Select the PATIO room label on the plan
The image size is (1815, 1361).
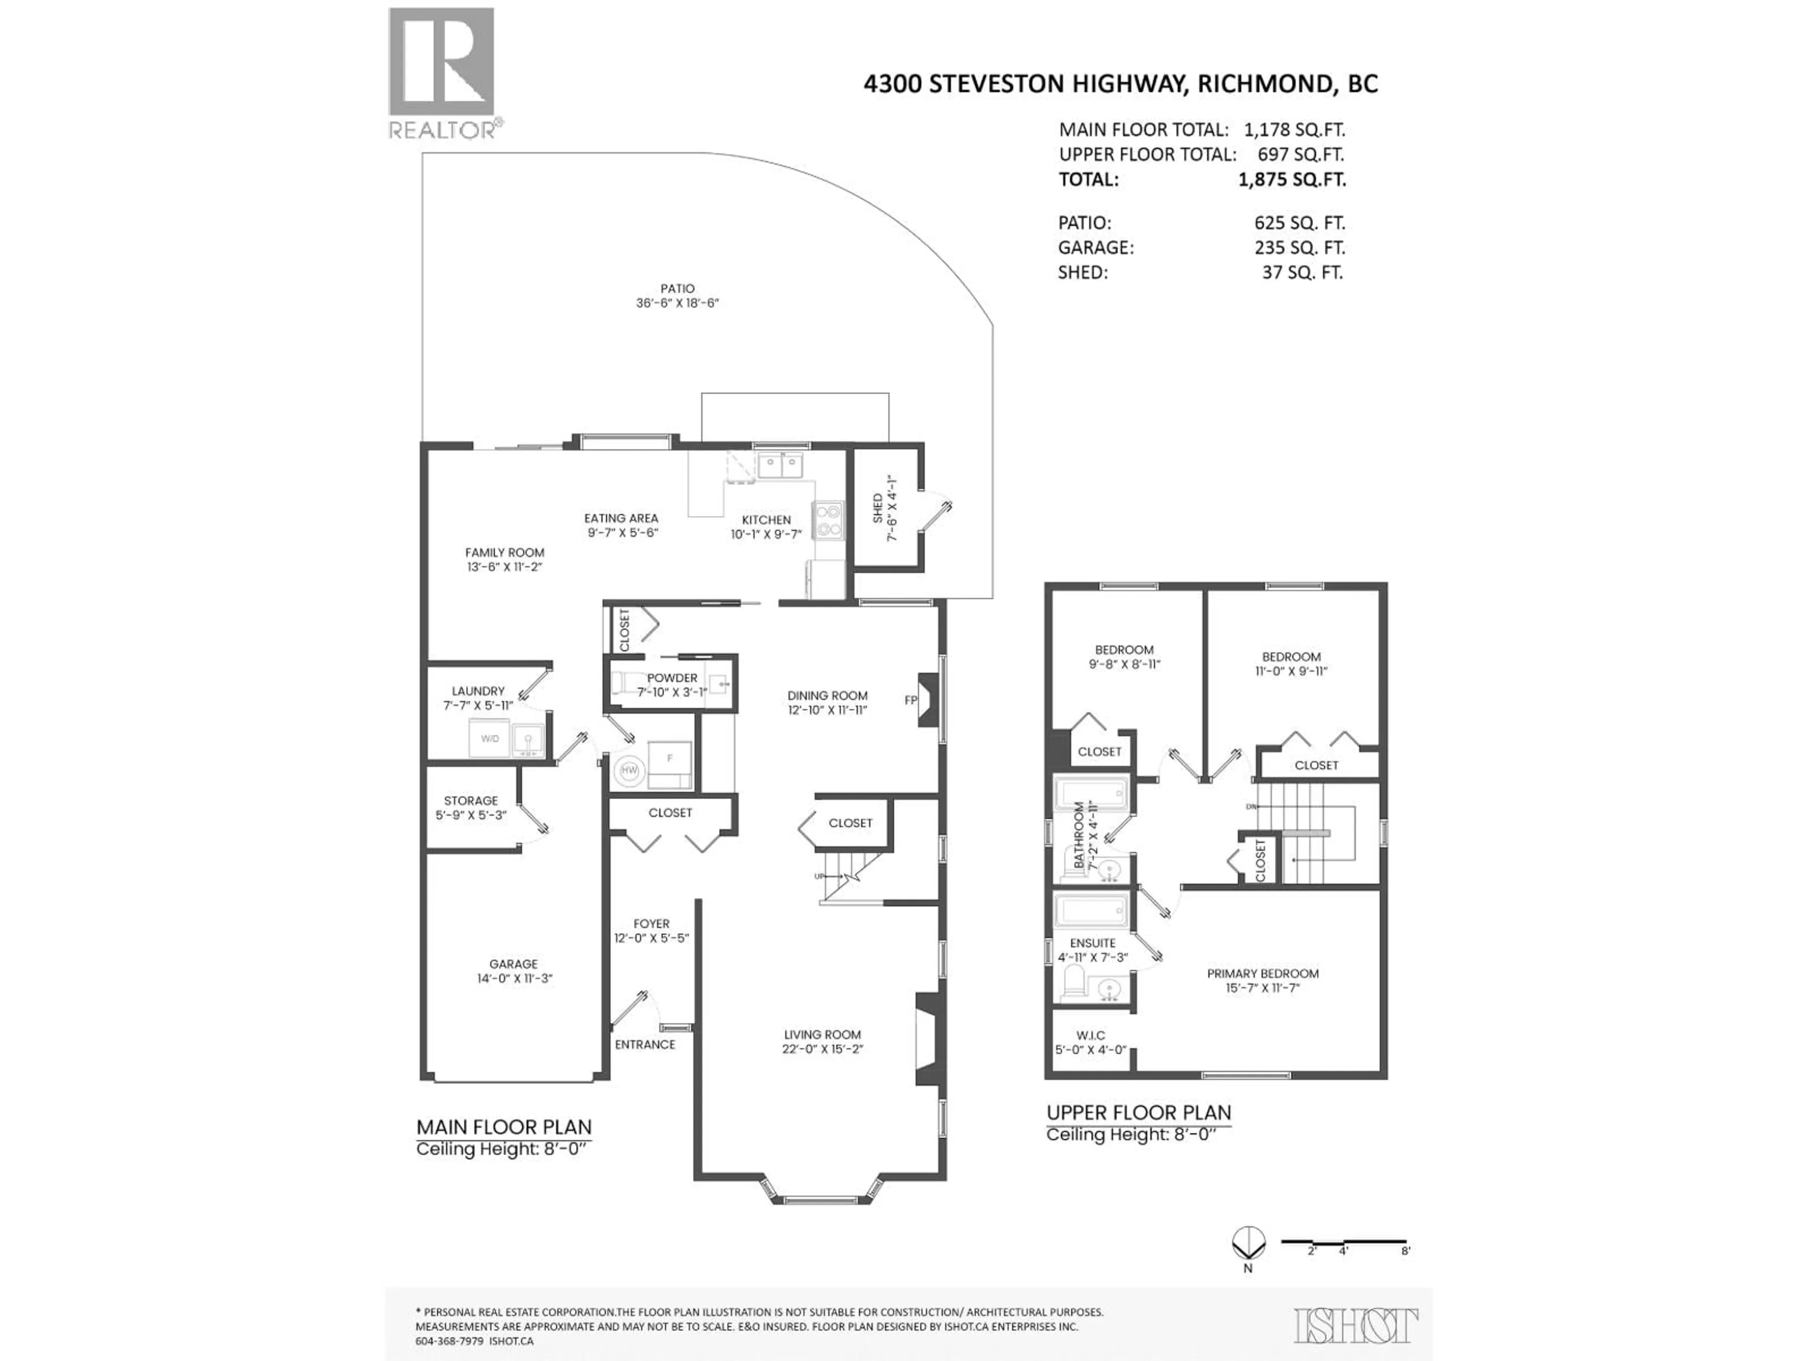click(x=678, y=289)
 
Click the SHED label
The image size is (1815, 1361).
click(x=878, y=508)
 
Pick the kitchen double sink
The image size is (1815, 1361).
click(x=779, y=466)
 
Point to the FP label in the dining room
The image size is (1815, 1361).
click(x=910, y=700)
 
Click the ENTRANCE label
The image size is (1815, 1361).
click(x=645, y=1044)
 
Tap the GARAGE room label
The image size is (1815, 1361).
click(x=514, y=964)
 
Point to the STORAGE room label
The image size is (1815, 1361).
click(x=471, y=801)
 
